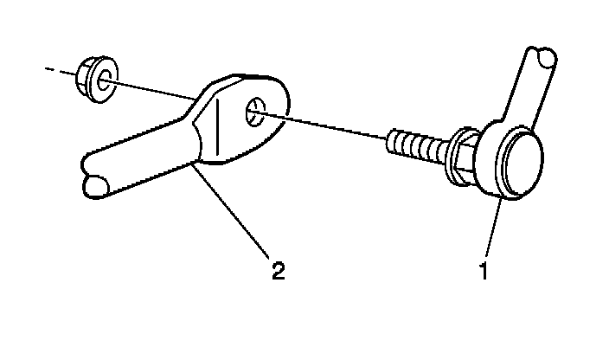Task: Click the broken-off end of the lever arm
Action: click(x=93, y=185)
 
